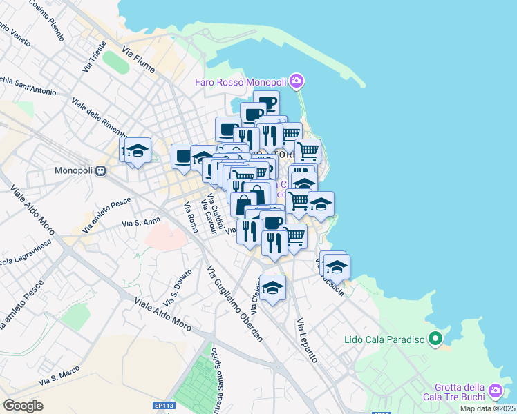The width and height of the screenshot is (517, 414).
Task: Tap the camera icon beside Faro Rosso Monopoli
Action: pyautogui.click(x=297, y=82)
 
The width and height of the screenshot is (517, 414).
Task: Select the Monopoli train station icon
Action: pyautogui.click(x=100, y=170)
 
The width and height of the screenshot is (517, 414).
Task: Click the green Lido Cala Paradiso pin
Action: pyautogui.click(x=435, y=339)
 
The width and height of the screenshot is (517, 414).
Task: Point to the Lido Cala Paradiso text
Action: pyautogui.click(x=384, y=339)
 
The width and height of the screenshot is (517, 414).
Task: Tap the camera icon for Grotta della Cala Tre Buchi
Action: pyautogui.click(x=495, y=392)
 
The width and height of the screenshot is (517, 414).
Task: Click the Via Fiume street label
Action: pyautogui.click(x=137, y=60)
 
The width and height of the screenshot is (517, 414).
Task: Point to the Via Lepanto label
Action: pyautogui.click(x=306, y=341)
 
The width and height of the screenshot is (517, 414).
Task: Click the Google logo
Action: pyautogui.click(x=23, y=406)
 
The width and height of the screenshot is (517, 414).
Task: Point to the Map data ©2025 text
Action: pyautogui.click(x=487, y=408)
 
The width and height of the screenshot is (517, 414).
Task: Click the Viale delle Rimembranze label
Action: pyautogui.click(x=98, y=117)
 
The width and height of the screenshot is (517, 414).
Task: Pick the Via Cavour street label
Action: pyautogui.click(x=208, y=215)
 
